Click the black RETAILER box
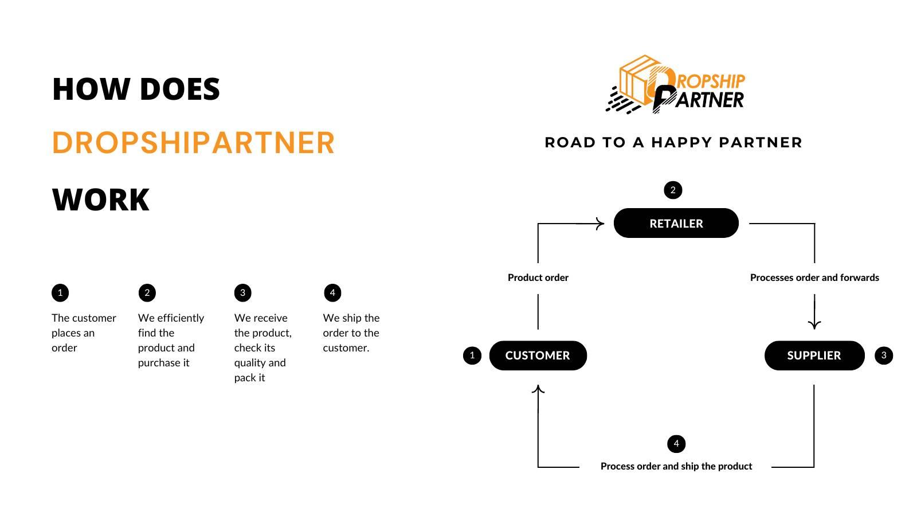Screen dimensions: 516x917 676,223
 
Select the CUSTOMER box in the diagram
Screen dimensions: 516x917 538,355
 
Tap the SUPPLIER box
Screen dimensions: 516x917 814,355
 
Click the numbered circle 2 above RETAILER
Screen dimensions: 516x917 673,190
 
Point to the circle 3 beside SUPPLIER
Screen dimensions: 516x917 883,355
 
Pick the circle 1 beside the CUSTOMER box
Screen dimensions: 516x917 472,355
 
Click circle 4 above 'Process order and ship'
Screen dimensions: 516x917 676,444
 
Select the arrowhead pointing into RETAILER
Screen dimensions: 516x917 599,224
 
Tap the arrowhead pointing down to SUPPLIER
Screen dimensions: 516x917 814,324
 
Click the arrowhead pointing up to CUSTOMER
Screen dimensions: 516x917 538,390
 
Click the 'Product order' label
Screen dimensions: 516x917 538,277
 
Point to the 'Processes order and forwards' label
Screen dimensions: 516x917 814,277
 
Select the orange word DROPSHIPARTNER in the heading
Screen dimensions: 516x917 193,143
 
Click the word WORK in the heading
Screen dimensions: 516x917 101,200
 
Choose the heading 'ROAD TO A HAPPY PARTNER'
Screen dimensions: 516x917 673,142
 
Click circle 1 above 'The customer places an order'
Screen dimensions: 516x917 60,293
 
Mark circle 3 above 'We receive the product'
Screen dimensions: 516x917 242,293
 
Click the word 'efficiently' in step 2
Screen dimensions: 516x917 180,318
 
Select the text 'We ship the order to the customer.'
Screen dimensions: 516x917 351,333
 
